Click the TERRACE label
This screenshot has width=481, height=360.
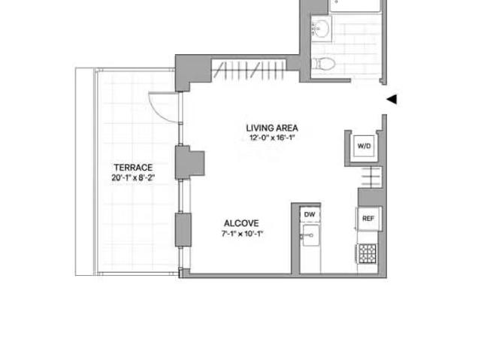tap(133, 168)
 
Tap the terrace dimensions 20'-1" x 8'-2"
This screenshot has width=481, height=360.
tap(133, 178)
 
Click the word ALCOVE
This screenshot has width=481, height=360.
tap(241, 223)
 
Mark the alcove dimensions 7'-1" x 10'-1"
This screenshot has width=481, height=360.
tap(241, 234)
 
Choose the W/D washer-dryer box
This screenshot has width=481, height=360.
tap(363, 145)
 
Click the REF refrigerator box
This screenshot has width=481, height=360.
tap(368, 219)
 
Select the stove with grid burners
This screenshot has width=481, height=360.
tap(367, 253)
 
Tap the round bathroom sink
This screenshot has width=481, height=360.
tap(319, 30)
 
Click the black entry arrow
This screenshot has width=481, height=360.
tap(391, 99)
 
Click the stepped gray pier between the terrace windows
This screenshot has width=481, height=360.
tap(188, 162)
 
